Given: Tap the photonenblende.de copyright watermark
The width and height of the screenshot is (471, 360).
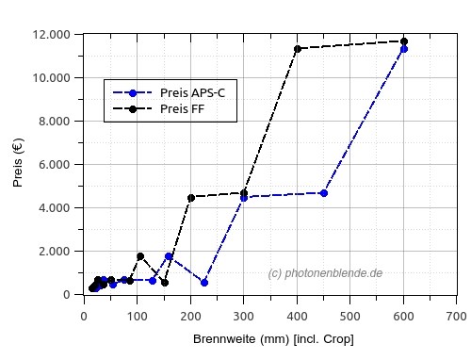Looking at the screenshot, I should (325, 273).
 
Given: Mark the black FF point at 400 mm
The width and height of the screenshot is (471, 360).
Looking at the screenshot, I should (298, 49).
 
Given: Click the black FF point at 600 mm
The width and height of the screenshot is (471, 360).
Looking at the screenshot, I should (404, 41).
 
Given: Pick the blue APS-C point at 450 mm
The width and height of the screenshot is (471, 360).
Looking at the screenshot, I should (324, 193).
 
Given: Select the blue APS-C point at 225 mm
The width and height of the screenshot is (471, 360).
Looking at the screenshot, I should (204, 283).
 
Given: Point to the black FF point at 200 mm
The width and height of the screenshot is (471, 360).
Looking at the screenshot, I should (190, 198).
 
